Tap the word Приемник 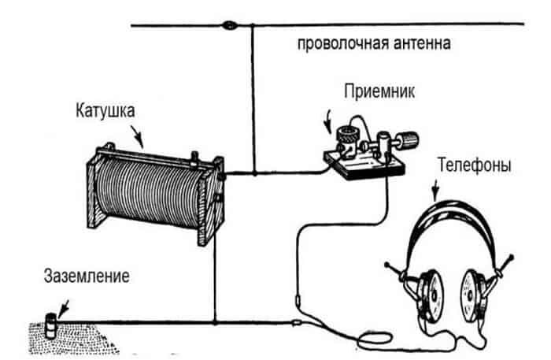coord(375,92)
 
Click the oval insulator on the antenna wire coord(231,26)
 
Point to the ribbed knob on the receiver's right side coord(410,141)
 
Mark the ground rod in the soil coord(49,323)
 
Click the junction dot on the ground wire coord(214,321)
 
